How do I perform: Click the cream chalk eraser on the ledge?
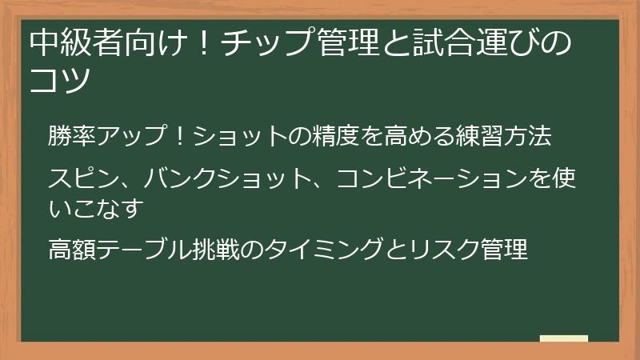[563, 338]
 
